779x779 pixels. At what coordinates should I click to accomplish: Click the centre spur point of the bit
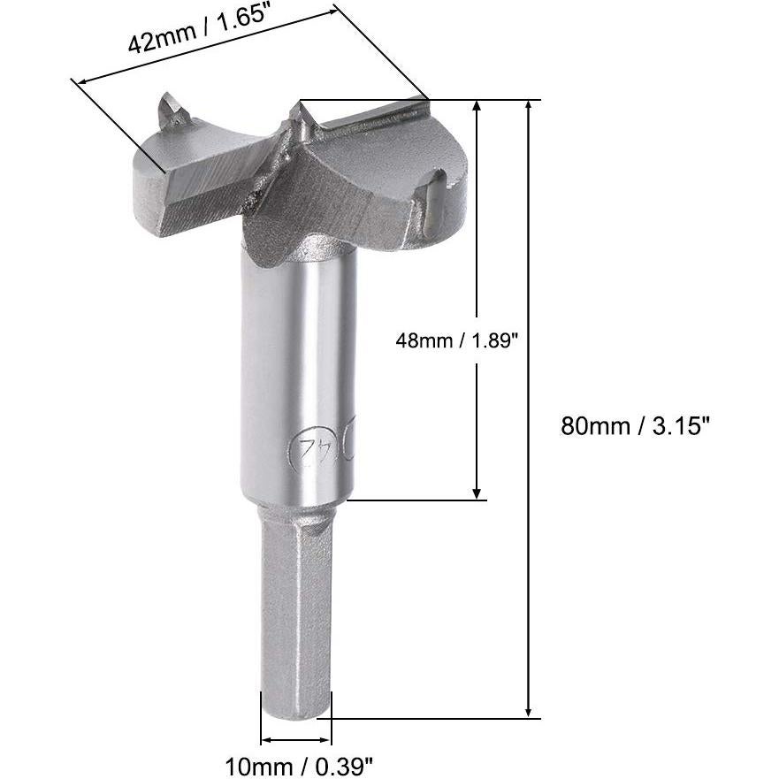[296, 112]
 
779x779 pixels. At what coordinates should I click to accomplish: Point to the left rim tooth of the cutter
[172, 113]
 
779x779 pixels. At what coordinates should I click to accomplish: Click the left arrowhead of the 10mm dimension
[264, 741]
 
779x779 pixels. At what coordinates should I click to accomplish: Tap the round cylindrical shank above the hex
[297, 371]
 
